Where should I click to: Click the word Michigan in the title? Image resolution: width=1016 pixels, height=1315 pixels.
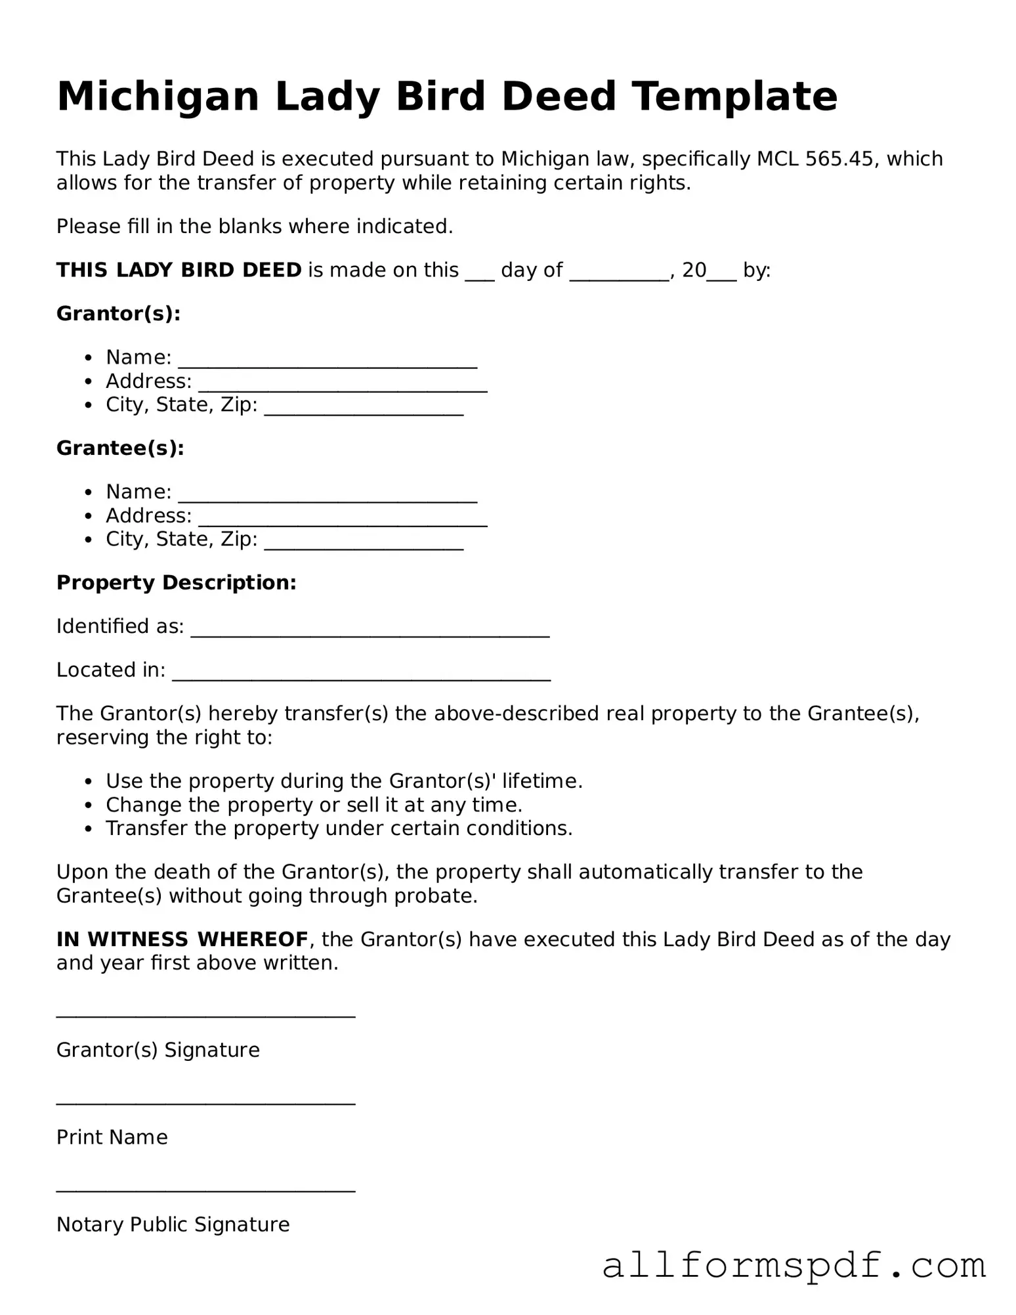[x=158, y=97]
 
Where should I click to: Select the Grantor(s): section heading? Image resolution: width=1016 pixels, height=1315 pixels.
[x=118, y=314]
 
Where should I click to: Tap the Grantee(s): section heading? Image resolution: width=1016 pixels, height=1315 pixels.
[x=120, y=448]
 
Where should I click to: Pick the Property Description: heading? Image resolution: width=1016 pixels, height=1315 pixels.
[x=177, y=583]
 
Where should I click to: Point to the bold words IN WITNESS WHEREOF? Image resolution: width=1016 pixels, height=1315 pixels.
[x=182, y=939]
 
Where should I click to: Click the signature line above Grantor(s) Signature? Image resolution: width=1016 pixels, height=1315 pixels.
[x=205, y=1015]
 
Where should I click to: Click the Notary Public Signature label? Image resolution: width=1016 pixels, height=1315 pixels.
[x=173, y=1224]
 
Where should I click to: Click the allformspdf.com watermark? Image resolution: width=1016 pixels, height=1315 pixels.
[x=794, y=1266]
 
